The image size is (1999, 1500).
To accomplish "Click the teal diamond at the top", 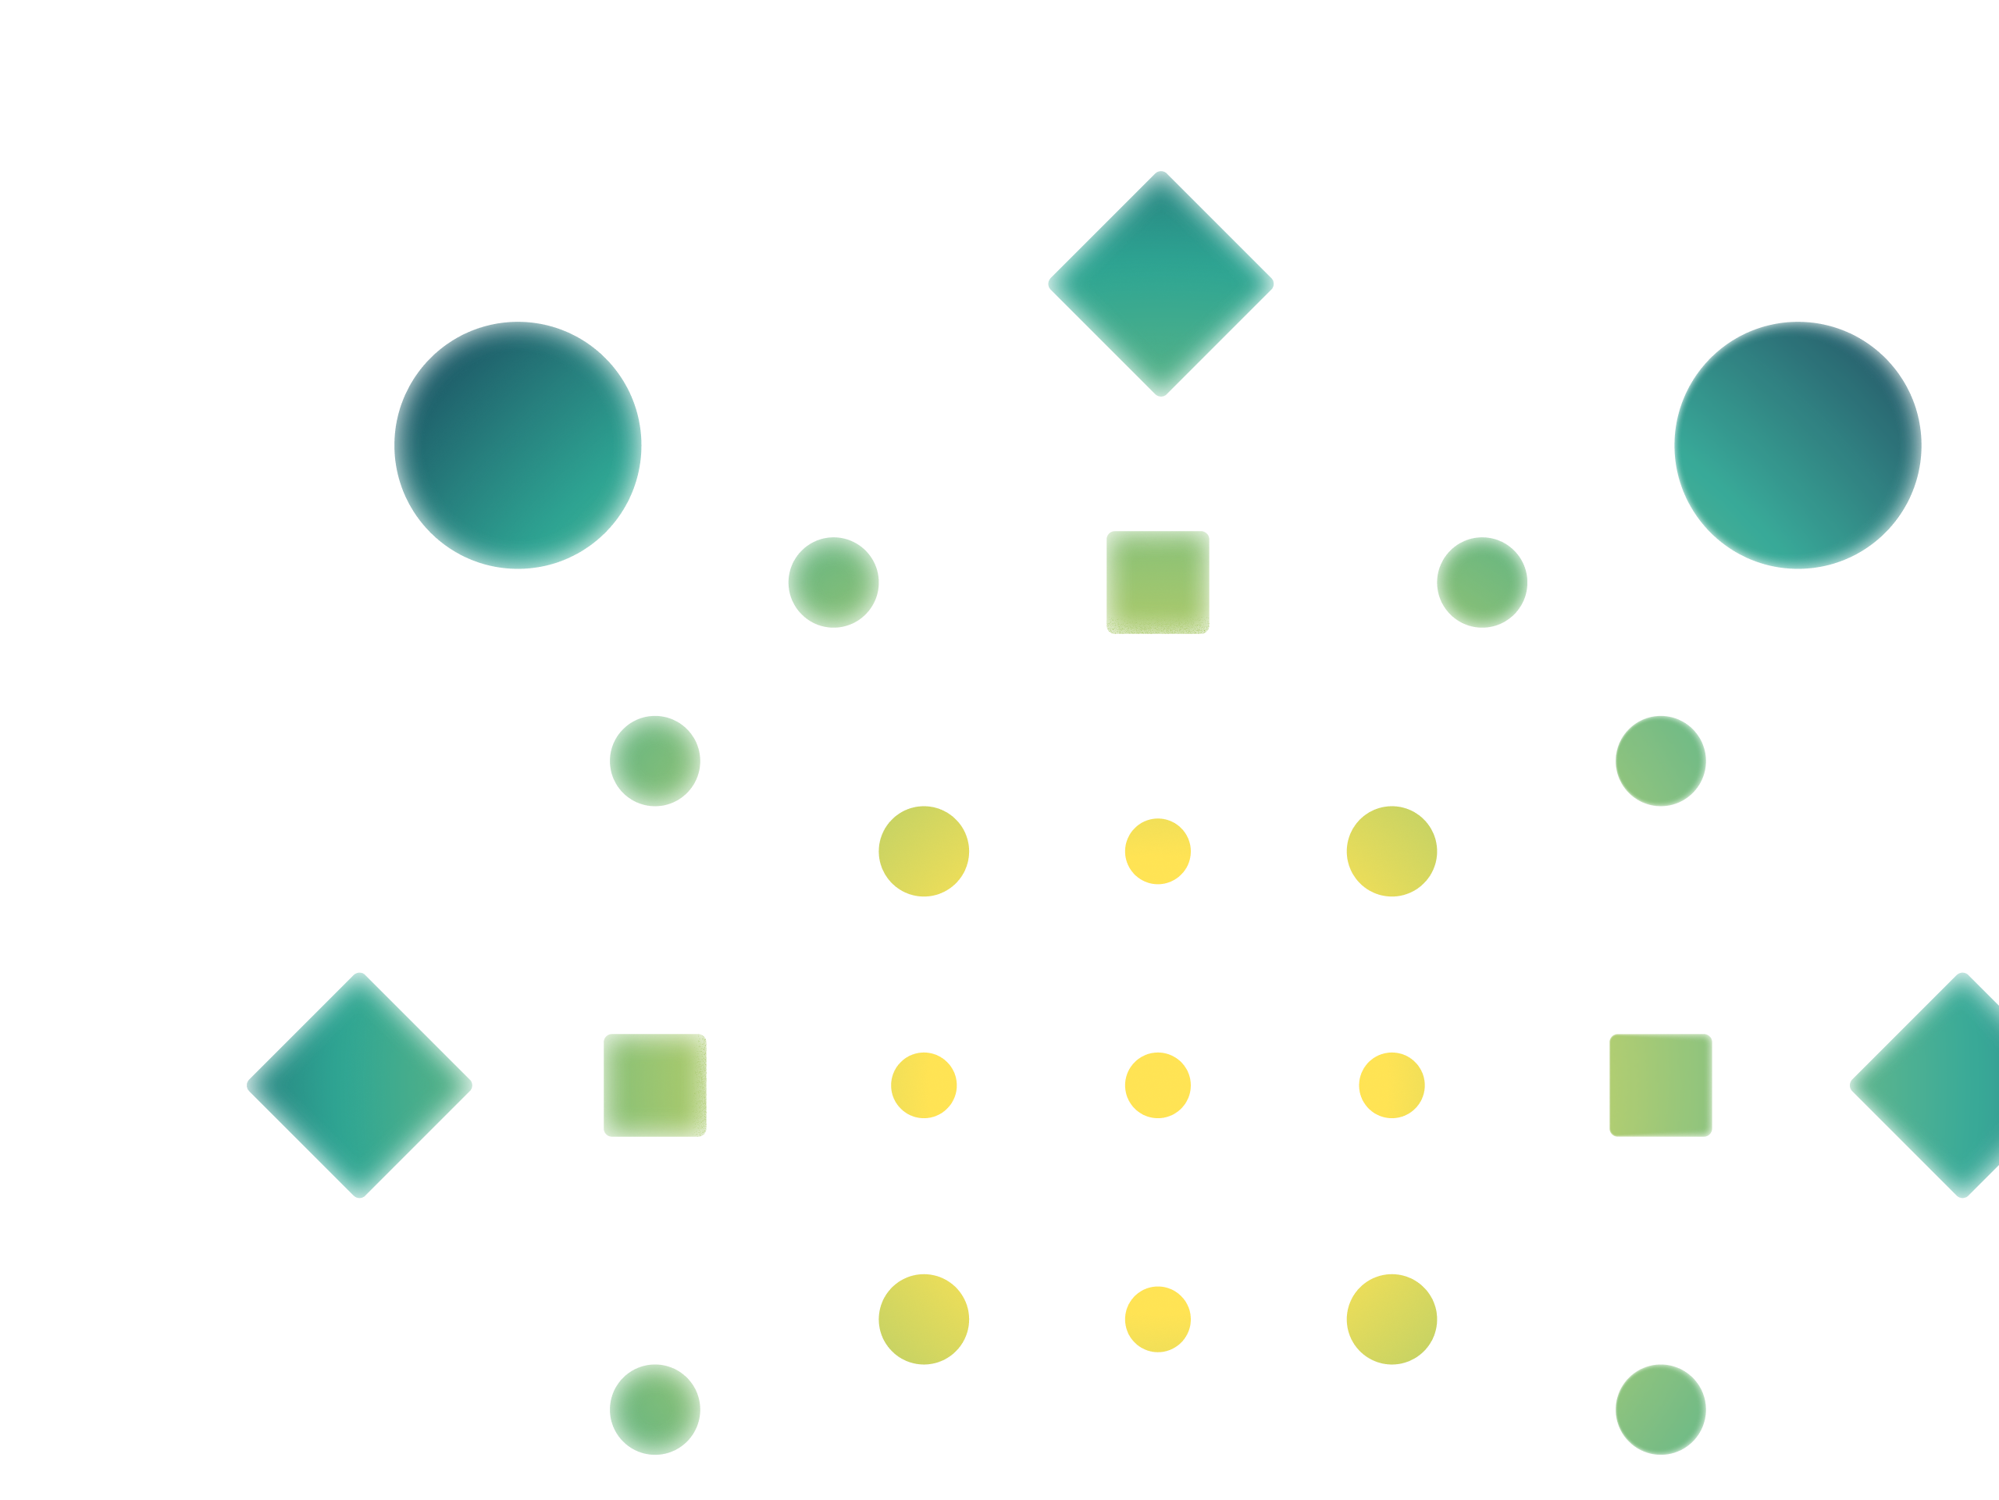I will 1160,283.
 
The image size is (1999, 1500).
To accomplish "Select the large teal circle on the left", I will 518,446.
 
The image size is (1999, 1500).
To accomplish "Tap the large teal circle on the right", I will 1798,446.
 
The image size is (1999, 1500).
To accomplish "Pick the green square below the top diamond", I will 1158,583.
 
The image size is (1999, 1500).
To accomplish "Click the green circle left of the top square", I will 833,583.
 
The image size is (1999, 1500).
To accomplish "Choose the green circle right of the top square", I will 1482,583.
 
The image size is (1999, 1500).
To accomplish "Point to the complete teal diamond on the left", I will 360,1085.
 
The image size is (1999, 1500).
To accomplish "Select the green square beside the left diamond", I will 655,1085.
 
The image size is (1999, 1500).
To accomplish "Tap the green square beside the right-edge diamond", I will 1661,1085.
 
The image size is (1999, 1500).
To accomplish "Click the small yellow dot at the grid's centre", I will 1158,1085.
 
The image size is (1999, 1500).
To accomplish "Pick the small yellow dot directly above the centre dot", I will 1158,851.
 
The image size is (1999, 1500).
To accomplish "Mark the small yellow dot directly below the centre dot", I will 1158,1320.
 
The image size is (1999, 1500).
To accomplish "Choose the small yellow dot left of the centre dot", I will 924,1085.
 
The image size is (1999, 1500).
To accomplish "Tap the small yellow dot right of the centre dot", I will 1391,1085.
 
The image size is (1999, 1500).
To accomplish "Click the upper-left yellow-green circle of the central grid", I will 924,851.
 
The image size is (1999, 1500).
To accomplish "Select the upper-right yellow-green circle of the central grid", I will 1391,851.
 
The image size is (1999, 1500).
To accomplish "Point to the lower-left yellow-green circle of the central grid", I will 924,1320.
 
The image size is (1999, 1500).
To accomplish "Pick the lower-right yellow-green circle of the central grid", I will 1391,1320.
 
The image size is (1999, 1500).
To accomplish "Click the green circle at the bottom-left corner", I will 655,1409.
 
